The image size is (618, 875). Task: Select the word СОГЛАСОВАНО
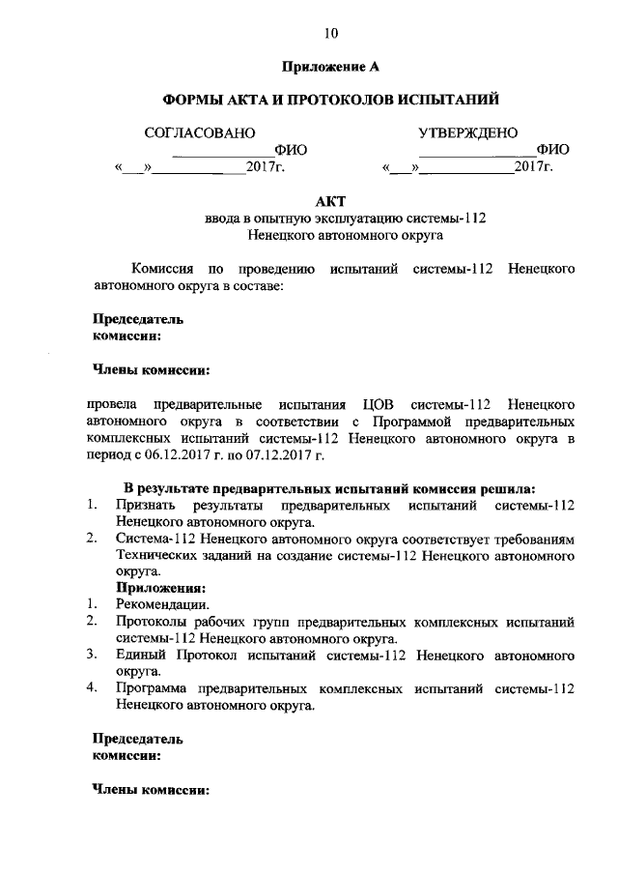(x=200, y=132)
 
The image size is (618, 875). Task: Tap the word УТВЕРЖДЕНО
(x=467, y=132)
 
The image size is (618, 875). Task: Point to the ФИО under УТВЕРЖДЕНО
(x=553, y=150)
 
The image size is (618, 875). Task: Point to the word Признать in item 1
(x=142, y=504)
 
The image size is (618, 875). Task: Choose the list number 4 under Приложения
(x=90, y=688)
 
